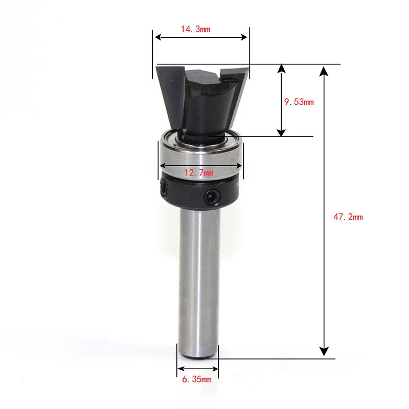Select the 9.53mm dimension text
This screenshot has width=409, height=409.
click(x=299, y=102)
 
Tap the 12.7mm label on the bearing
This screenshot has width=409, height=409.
click(x=199, y=173)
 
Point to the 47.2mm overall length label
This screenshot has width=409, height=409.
click(x=348, y=217)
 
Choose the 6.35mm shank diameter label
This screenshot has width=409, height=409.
click(x=196, y=379)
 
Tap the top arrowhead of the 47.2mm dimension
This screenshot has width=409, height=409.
click(x=323, y=70)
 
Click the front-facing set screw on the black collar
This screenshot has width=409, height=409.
click(x=212, y=197)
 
